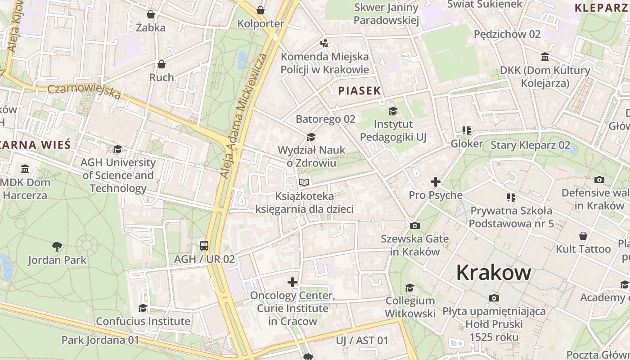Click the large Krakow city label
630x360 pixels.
[x=494, y=273]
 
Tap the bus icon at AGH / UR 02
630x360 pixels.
[x=204, y=246]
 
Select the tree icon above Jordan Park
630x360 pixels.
[x=57, y=246]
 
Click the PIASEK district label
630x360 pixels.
[x=360, y=90]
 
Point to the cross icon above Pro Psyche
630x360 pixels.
[x=435, y=182]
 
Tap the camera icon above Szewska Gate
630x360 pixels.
[x=415, y=225]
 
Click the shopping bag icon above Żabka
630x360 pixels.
[x=151, y=14]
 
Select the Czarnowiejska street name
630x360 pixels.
[x=84, y=91]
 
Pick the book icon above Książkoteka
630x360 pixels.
[x=304, y=182]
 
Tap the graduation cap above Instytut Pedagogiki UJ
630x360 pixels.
[x=393, y=111]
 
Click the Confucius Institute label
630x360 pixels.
[x=143, y=321]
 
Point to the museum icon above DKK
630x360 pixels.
[x=545, y=57]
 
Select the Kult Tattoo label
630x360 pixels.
[x=583, y=249]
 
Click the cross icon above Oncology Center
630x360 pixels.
[x=292, y=282]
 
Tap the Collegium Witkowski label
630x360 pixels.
[x=410, y=307]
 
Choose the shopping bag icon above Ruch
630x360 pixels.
[x=162, y=64]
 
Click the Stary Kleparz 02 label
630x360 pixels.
[x=530, y=145]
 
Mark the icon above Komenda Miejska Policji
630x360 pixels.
[x=324, y=43]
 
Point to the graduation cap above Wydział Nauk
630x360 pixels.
[x=311, y=137]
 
